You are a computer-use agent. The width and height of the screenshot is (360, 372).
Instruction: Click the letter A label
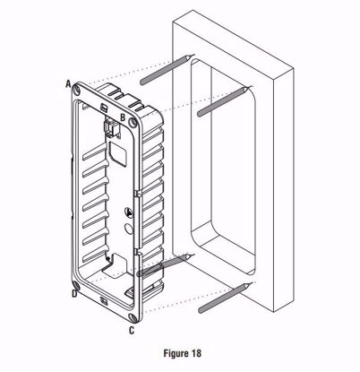68,82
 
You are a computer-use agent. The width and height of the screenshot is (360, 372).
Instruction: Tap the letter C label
132,331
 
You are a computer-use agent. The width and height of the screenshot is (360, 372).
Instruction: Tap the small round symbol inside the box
130,214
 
